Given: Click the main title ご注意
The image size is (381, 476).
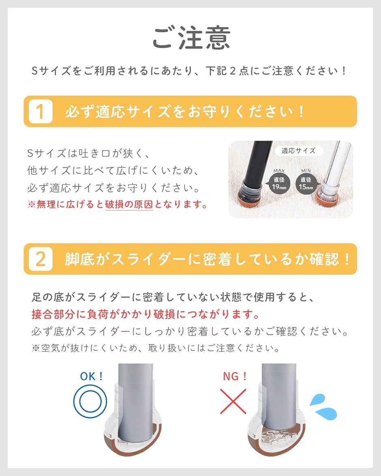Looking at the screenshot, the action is tap(191, 38).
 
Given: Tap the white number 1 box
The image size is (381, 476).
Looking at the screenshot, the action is tap(41, 111).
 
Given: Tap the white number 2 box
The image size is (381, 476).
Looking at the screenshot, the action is tap(41, 259).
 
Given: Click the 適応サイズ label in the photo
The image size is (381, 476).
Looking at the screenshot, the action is tap(298, 151).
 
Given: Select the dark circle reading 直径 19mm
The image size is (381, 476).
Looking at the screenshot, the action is tap(279, 184).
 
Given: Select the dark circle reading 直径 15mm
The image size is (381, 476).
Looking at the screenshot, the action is tap(306, 184).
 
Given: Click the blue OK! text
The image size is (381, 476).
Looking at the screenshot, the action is tap(92, 376).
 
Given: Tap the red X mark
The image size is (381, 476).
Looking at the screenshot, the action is tap(233, 401).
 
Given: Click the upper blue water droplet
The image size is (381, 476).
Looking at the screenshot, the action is tap(318, 400).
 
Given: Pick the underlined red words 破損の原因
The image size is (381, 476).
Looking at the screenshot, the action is tap(129, 205).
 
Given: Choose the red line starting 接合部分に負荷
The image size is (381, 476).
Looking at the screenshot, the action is tap(145, 314).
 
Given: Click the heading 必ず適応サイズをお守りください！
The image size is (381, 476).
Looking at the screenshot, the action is tap(184, 111).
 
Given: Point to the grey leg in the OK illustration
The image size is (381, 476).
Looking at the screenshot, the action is tap(135, 401).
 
